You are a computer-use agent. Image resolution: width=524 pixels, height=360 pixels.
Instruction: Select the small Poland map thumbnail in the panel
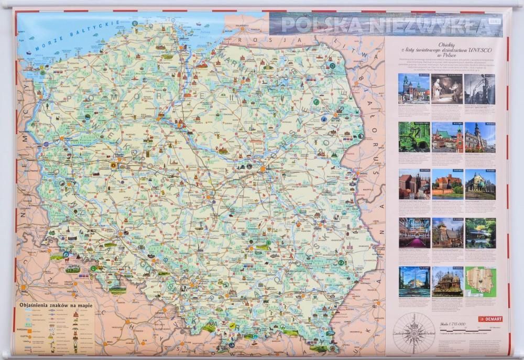[480, 282]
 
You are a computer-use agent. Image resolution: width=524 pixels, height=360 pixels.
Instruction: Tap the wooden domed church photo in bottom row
[447, 282]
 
